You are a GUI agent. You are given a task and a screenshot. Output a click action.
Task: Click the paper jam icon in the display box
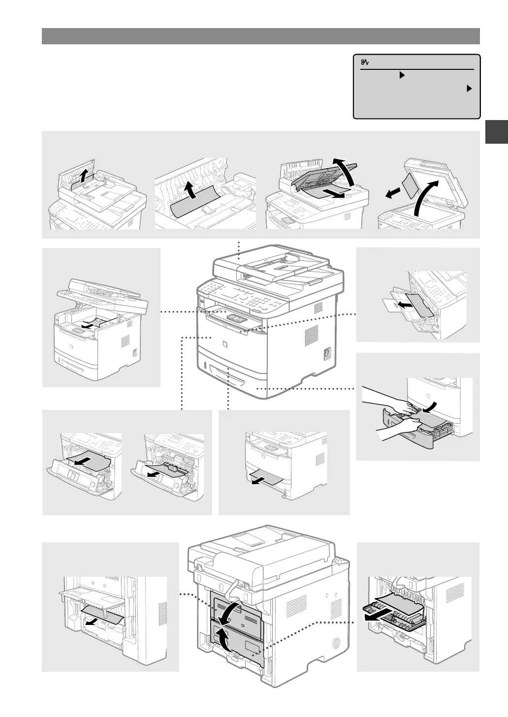pyautogui.click(x=365, y=62)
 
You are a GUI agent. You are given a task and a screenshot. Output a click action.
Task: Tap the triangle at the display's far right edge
pyautogui.click(x=469, y=89)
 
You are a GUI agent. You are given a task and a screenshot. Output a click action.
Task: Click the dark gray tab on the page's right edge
pyautogui.click(x=496, y=132)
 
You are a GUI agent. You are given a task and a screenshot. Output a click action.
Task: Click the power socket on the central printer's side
pyautogui.click(x=326, y=353)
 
